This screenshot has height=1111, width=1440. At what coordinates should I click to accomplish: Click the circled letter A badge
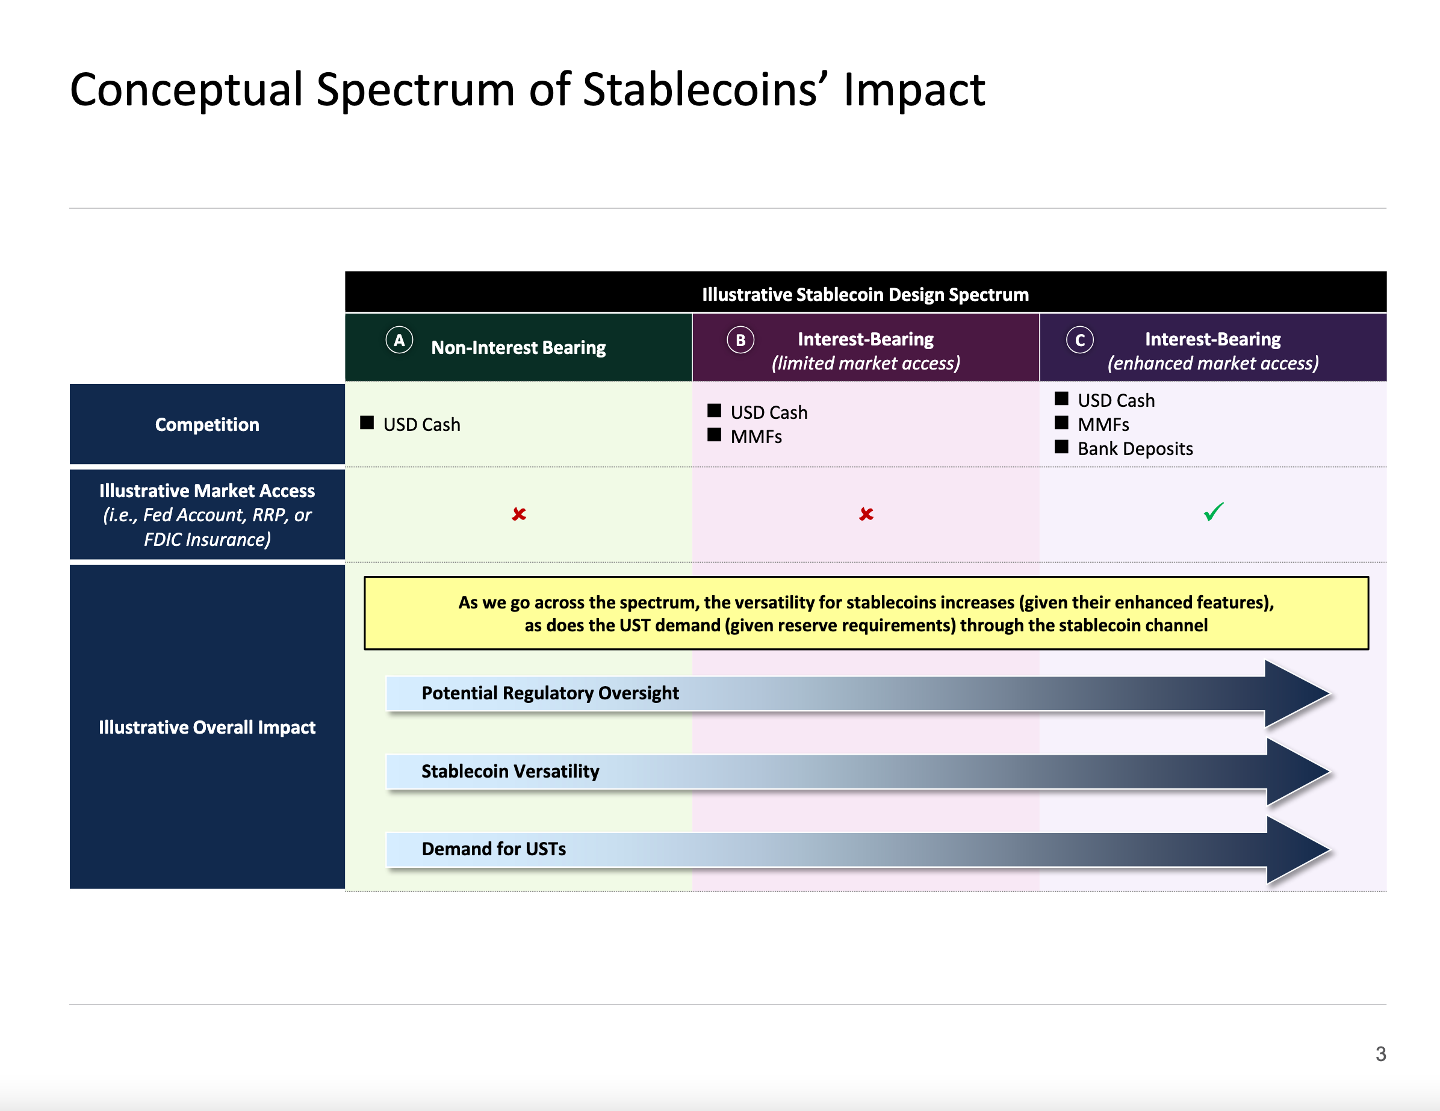coord(399,340)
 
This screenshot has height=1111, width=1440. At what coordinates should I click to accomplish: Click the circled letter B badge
coord(740,340)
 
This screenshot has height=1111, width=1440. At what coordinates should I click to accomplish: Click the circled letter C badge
coord(1080,340)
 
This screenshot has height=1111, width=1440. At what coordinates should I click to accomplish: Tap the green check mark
coord(1213,512)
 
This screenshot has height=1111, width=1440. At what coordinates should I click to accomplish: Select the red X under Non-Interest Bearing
coord(519,513)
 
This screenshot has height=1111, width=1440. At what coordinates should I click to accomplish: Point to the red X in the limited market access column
coord(866,513)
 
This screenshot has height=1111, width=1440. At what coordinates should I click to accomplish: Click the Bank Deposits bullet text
coord(1135,449)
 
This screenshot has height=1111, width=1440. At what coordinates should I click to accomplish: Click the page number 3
coord(1380,1054)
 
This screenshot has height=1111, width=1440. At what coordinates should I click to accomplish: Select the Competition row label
coord(207,425)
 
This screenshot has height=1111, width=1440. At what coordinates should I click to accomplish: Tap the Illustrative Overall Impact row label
coord(207,727)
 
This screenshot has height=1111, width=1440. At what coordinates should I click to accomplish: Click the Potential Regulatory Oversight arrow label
coord(550,693)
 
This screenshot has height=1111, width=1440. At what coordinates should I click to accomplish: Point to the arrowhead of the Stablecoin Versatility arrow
coord(1329,772)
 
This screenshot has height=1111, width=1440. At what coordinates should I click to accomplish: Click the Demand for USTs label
coord(494,849)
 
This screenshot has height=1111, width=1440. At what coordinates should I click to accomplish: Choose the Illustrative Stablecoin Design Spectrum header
coord(865,294)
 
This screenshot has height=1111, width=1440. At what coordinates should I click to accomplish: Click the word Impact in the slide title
coord(914,90)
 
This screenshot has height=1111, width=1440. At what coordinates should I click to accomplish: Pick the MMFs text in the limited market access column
coord(756,436)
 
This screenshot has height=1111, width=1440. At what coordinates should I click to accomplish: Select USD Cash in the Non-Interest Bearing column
coord(422,425)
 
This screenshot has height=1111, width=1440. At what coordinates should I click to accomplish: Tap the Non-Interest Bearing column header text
coord(518,347)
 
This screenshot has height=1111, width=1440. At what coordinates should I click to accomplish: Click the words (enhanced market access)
coord(1213,364)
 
